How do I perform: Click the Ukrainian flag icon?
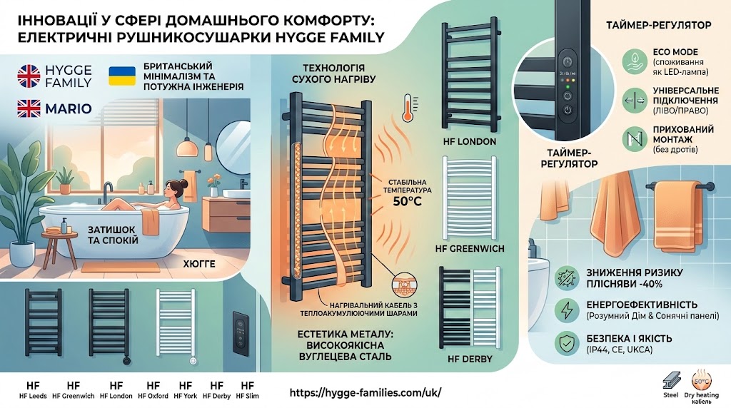click(121, 76)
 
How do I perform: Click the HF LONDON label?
click(470, 141)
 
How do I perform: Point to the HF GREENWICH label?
click(469, 249)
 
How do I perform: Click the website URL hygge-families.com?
click(367, 393)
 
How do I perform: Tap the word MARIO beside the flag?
click(71, 109)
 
